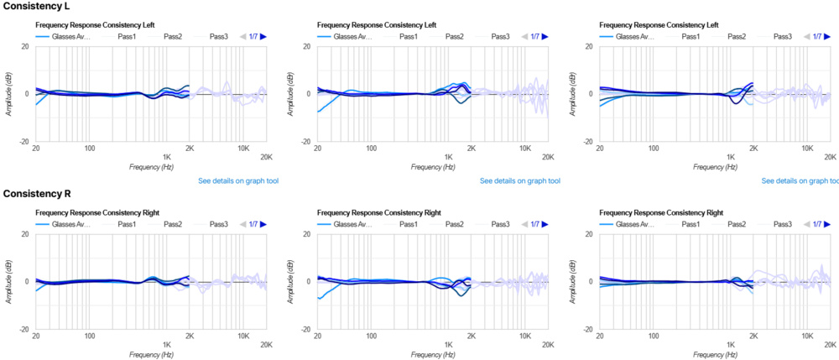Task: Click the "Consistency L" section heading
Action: pos(36,6)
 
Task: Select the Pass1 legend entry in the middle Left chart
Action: pos(408,37)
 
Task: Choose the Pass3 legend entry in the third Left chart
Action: pos(782,37)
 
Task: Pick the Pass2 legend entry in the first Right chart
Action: pos(173,225)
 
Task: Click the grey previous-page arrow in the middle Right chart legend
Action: pos(525,225)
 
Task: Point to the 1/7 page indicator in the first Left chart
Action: pos(253,37)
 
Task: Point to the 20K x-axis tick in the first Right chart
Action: pos(266,344)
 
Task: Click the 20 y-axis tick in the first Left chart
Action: pos(26,45)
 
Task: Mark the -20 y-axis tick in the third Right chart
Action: pos(587,330)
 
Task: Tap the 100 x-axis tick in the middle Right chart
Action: pos(371,344)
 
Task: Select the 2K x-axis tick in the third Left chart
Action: pos(753,156)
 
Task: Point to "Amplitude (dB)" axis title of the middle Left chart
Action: pos(292,94)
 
